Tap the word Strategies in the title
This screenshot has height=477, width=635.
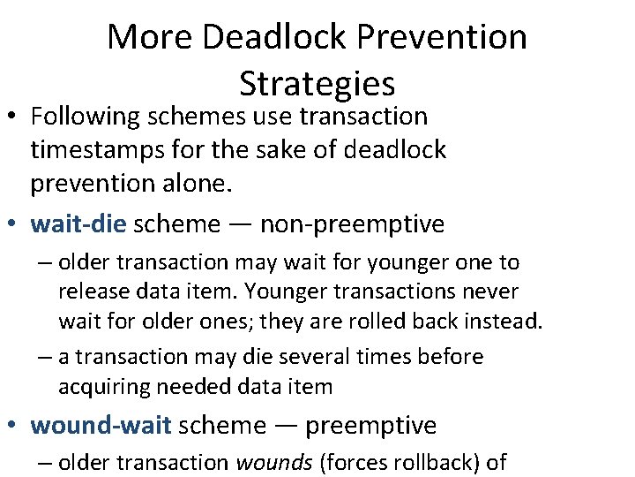(x=317, y=83)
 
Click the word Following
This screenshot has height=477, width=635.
(x=86, y=117)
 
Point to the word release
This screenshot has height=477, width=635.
(x=93, y=291)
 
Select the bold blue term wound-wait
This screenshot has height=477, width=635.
(x=101, y=425)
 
